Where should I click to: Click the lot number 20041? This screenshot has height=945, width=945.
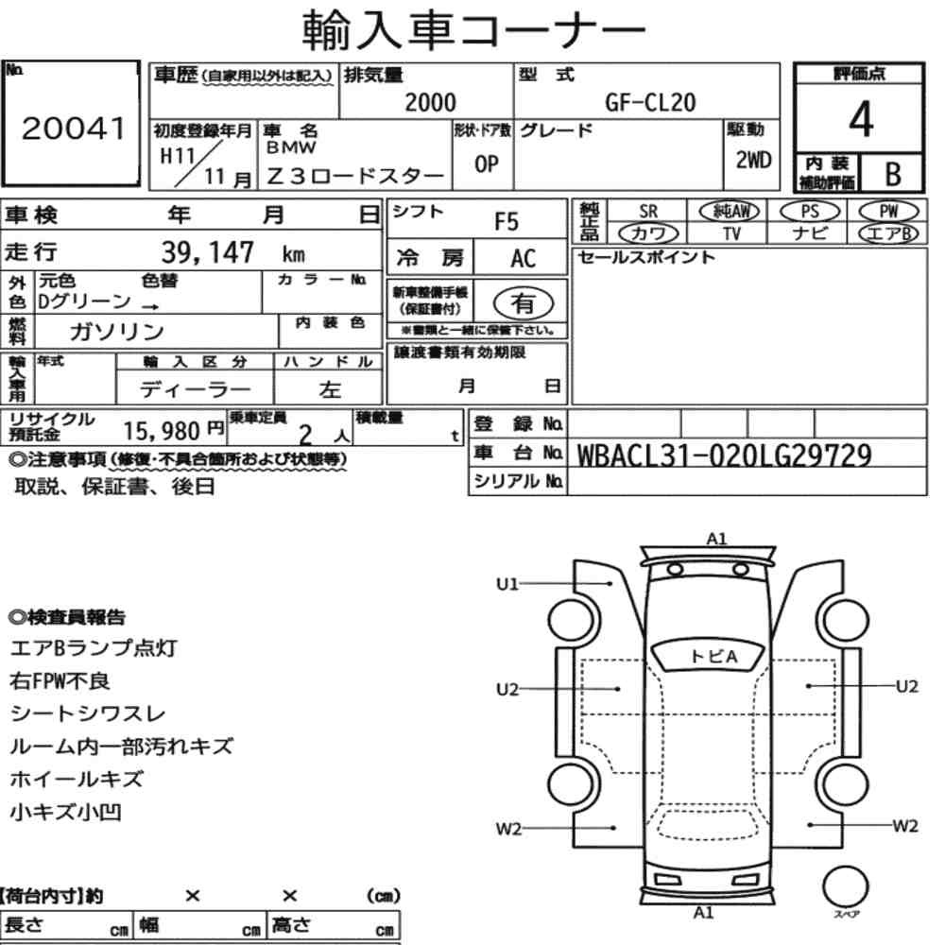[x=73, y=129]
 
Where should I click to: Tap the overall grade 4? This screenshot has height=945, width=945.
[x=861, y=119]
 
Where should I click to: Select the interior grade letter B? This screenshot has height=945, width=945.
[x=893, y=174]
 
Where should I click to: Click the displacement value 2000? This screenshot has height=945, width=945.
[x=430, y=102]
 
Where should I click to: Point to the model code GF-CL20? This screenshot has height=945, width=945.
[x=650, y=102]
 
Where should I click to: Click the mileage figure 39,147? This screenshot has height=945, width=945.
[x=207, y=252]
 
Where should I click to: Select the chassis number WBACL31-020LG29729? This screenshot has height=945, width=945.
[x=725, y=455]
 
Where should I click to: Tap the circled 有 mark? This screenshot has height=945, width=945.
[x=524, y=303]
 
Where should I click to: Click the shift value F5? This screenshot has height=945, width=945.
[x=507, y=222]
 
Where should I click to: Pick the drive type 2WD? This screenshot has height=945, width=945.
[x=753, y=160]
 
